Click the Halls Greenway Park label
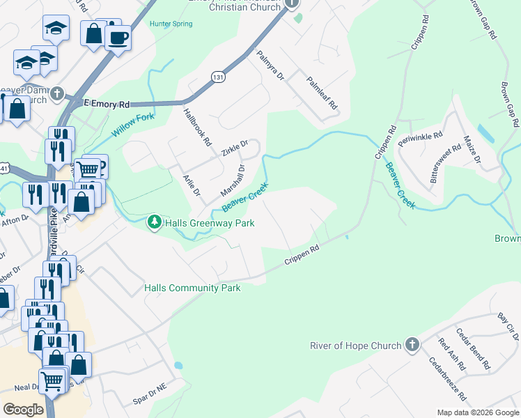coord(210,223)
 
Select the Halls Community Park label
coord(192,288)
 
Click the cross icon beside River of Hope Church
coord(412,345)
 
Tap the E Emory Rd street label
coord(107,104)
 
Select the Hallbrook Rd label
coord(197,127)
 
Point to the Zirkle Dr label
coord(234,148)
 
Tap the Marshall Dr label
coord(233,180)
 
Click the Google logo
coord(23,410)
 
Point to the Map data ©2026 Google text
coord(477,412)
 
